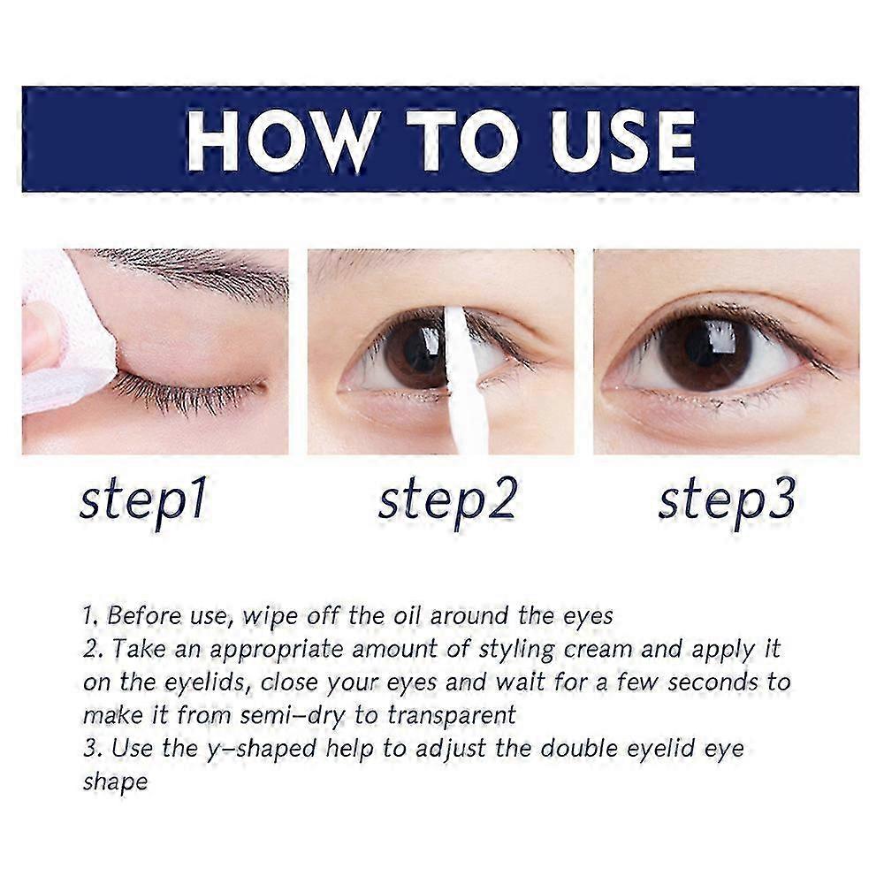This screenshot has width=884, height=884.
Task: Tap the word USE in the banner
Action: pos(610,140)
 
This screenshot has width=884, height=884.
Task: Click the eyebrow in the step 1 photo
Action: pos(203,270)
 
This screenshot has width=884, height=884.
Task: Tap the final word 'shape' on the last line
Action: pos(115,782)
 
